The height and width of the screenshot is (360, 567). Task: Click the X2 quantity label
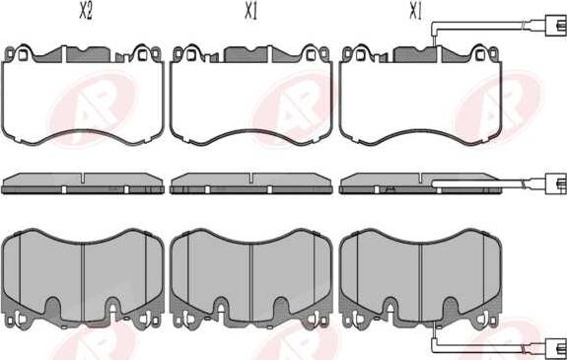[x=86, y=12]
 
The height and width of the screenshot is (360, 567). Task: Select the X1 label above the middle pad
[x=250, y=12]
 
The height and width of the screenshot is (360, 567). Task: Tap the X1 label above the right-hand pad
[x=415, y=12]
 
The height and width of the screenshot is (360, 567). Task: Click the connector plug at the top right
[x=556, y=26]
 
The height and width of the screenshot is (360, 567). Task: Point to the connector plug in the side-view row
[x=556, y=184]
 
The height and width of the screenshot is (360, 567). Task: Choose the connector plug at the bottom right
[x=556, y=349]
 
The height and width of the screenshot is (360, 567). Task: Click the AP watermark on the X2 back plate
[x=93, y=108]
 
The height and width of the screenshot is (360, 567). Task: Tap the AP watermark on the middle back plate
[x=295, y=108]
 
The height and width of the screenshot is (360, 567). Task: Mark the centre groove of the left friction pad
[x=83, y=282]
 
